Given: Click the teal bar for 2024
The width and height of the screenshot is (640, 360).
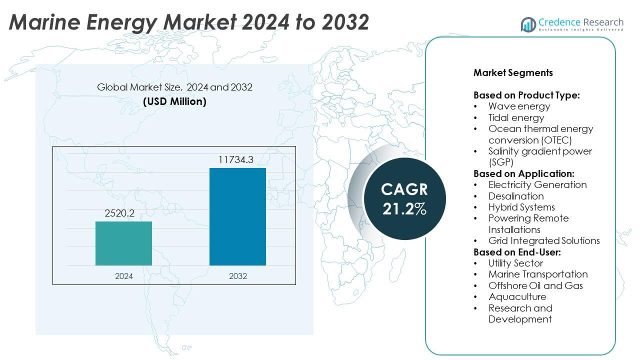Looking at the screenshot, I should click(x=123, y=243).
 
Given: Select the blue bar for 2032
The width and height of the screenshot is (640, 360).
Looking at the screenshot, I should click(x=237, y=216).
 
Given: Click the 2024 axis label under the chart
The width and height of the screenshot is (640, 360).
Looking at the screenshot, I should click(x=123, y=275).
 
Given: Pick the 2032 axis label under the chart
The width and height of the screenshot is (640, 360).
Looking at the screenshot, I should click(x=237, y=275).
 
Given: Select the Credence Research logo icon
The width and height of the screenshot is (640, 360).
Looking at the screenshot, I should click(x=528, y=24).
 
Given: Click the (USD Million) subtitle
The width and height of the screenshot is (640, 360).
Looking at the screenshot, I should click(x=174, y=101).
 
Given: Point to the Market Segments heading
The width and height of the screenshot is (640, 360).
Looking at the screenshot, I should click(x=513, y=72).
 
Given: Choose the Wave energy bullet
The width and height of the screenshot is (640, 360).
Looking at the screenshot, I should click(x=519, y=106).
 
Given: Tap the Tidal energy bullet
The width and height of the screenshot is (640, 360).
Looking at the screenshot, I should click(x=516, y=117).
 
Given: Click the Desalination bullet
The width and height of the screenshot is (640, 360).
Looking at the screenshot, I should click(x=516, y=196).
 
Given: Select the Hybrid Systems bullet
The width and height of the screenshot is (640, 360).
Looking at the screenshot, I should click(x=521, y=207).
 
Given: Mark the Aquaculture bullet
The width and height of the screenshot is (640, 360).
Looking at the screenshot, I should click(x=517, y=296).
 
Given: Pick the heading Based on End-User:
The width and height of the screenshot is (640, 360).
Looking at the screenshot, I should click(x=517, y=252).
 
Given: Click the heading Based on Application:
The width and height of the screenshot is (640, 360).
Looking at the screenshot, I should click(x=523, y=173).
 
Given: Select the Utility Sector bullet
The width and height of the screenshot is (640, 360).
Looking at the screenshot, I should click(x=515, y=263).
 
